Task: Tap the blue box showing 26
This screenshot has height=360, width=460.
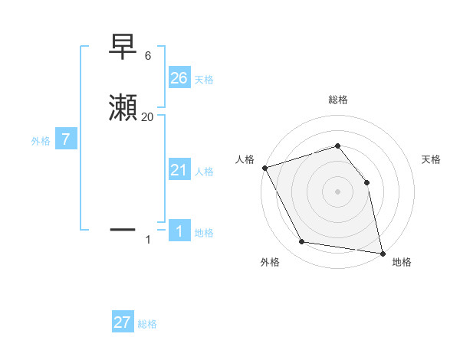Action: tap(179, 77)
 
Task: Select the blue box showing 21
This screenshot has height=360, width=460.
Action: tap(179, 170)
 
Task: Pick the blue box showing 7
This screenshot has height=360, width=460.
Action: tap(66, 140)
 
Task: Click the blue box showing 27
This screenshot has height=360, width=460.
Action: tap(123, 322)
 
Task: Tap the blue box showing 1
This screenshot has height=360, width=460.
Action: tap(179, 231)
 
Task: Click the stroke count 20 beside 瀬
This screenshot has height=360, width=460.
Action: tap(147, 117)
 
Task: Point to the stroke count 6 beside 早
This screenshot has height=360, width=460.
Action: tap(147, 56)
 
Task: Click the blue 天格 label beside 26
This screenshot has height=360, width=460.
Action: tap(204, 80)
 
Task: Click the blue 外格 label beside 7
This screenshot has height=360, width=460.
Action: tap(41, 142)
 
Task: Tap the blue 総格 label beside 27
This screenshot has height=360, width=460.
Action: tap(147, 325)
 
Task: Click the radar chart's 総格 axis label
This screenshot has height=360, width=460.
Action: tap(337, 100)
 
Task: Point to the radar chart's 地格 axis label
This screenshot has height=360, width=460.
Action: tap(402, 262)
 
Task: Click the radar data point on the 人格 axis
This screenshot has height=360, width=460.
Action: tap(264, 168)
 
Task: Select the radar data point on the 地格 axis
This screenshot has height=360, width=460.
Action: tap(382, 253)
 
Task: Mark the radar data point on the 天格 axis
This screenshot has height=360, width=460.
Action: tap(366, 182)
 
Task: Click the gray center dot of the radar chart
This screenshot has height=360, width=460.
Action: tap(337, 191)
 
